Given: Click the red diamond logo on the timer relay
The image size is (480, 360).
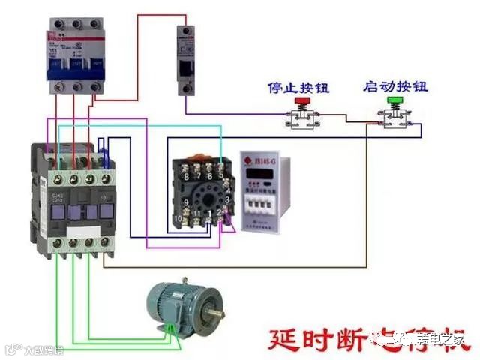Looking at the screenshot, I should (x=248, y=160).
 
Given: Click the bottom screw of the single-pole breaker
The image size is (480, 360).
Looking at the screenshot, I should (x=187, y=88).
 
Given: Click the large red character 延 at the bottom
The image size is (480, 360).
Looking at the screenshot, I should (x=286, y=341).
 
